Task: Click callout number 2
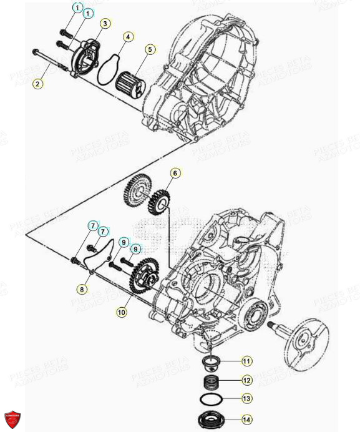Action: pos(38,83)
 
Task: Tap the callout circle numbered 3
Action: pos(106,24)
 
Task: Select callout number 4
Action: pos(127,37)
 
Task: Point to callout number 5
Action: pos(150,49)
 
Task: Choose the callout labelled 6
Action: pos(175,172)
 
